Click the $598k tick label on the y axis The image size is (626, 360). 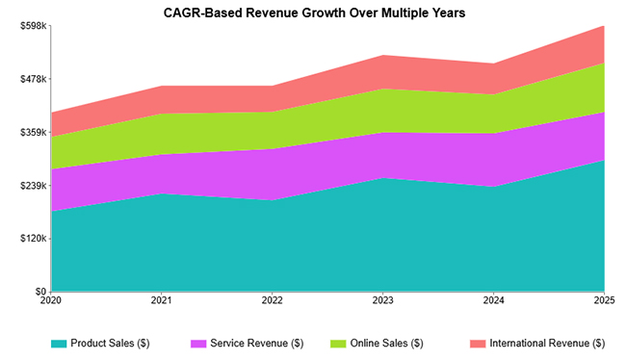click(x=34, y=26)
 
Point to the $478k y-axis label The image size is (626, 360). click(x=34, y=79)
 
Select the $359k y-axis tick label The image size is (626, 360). click(x=34, y=132)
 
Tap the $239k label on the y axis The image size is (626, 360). click(x=34, y=186)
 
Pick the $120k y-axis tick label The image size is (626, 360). click(x=34, y=239)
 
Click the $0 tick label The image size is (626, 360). click(x=40, y=292)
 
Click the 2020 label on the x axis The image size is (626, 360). click(x=51, y=301)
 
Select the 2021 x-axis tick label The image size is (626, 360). click(x=162, y=301)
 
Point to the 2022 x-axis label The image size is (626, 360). click(x=273, y=301)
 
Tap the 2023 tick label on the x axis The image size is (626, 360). click(x=382, y=301)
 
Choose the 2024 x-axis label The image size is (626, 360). click(x=493, y=301)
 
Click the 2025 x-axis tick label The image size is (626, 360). click(x=603, y=301)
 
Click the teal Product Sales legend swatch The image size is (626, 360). click(x=60, y=344)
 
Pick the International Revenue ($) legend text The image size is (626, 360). click(x=547, y=344)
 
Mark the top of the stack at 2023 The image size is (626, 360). click(x=382, y=55)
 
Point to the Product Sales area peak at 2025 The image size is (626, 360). click(x=603, y=161)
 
